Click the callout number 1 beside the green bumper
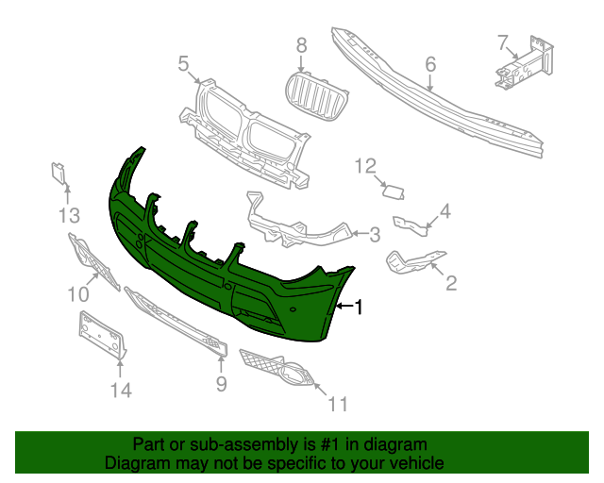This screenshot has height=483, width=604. point(358,307)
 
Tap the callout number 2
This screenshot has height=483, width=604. point(451,281)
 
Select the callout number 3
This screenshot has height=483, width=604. point(374,235)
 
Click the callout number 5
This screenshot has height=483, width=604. point(183,63)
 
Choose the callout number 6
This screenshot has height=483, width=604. point(429,64)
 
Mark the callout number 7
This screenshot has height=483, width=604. point(503,42)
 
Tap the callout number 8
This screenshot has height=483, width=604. point(302,44)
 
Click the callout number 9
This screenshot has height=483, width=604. point(221,383)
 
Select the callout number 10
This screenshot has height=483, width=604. point(77,294)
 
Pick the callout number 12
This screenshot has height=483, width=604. point(365,167)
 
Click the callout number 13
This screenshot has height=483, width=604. point(69,216)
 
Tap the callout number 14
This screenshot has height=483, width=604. point(121,390)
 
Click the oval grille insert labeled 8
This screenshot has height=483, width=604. point(314,96)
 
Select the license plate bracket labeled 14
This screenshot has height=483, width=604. point(100,335)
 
